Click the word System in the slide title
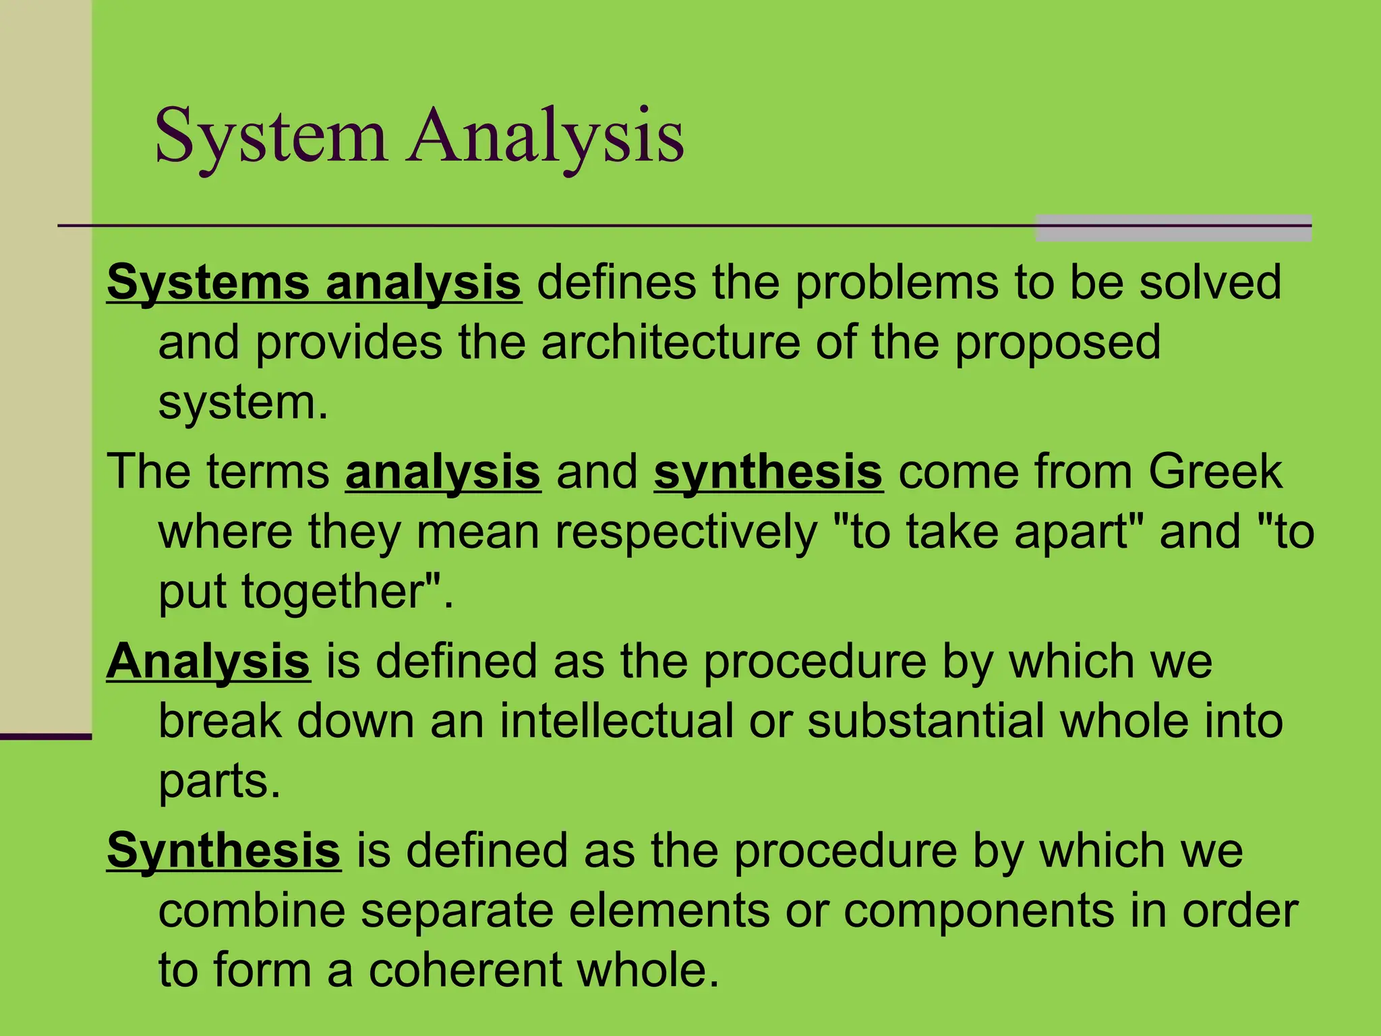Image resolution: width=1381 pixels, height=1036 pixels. point(271,136)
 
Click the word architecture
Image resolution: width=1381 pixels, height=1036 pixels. point(670,342)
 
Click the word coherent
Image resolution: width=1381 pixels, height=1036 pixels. point(465,970)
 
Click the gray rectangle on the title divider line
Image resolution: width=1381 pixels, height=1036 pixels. point(1173,228)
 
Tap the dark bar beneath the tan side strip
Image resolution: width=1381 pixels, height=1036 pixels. point(46,737)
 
